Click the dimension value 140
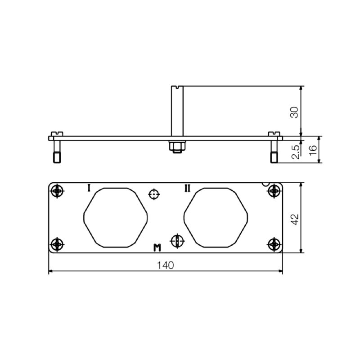(x=165, y=265)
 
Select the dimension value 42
(x=295, y=219)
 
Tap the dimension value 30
(x=295, y=112)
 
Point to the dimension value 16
(x=313, y=151)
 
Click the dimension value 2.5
(x=296, y=152)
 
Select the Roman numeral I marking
(x=89, y=188)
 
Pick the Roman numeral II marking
(x=187, y=188)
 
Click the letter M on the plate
(x=157, y=248)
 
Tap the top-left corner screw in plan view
(x=57, y=191)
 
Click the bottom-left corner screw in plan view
(x=57, y=244)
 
